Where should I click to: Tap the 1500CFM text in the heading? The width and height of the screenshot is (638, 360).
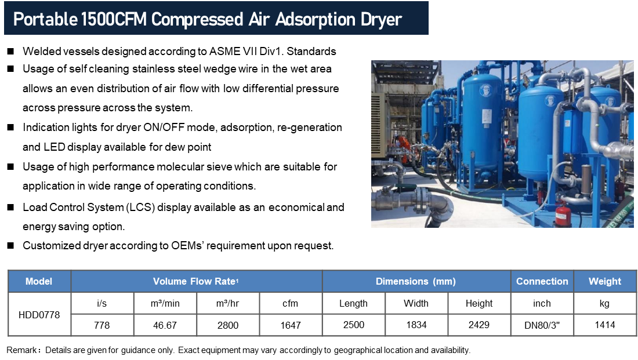pos(114,19)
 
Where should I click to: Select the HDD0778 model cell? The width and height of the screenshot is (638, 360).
pos(39,314)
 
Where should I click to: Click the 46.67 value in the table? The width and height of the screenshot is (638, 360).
pos(165,325)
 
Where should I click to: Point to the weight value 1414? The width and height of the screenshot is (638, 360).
pos(604,325)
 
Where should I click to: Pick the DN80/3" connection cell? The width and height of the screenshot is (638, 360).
pos(542,325)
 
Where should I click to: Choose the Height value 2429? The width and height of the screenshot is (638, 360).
pos(479,325)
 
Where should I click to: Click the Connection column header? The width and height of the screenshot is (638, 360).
pos(542,281)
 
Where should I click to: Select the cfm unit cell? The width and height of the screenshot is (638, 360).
pos(290,303)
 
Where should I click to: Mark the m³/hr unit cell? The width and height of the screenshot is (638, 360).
pos(227,303)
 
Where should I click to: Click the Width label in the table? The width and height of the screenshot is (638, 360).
pos(416,303)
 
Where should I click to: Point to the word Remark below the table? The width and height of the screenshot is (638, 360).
pos(21,350)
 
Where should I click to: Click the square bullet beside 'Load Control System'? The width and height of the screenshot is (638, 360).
pos(10,208)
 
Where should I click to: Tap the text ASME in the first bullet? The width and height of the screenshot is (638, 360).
pos(224,51)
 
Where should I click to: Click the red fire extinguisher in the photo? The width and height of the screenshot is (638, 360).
pos(564,215)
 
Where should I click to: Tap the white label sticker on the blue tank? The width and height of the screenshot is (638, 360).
pos(487,117)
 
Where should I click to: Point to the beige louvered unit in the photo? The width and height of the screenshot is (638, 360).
pos(380,125)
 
